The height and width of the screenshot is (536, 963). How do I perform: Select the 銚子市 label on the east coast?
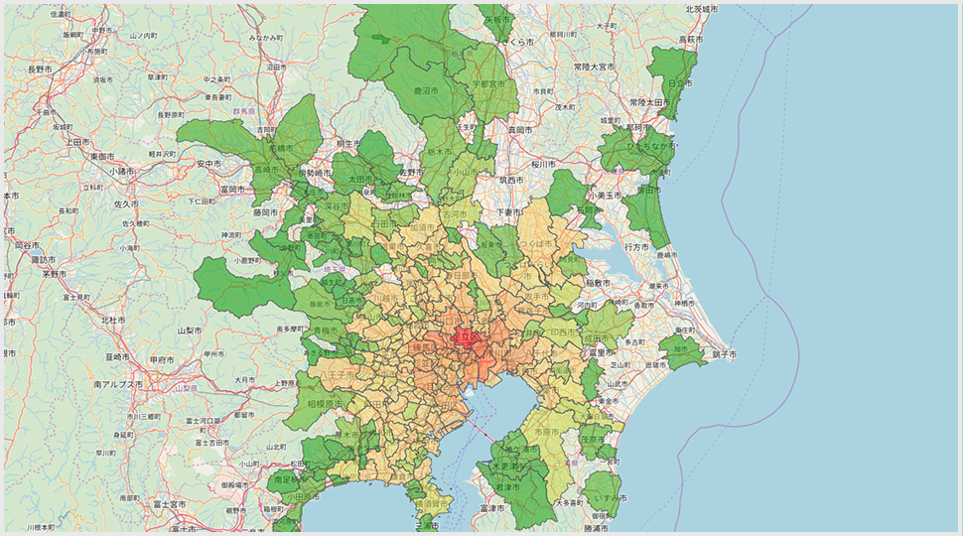[x=724, y=353]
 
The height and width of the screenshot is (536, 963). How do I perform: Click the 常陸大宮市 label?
[x=594, y=67]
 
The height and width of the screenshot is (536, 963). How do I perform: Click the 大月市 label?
[x=245, y=379]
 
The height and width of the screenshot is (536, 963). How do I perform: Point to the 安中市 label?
[x=208, y=163]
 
